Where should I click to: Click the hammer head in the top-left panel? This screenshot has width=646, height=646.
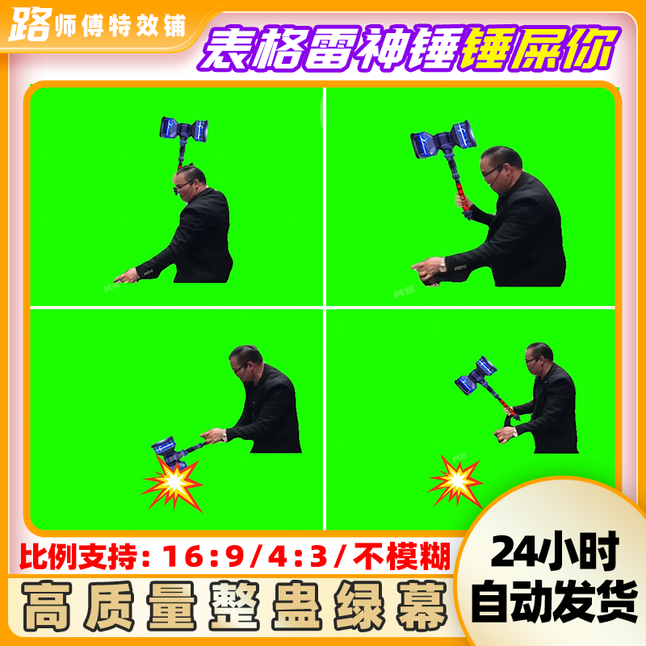184,128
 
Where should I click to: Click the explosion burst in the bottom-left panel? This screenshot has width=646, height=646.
173,483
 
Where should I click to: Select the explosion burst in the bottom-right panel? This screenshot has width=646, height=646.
456,480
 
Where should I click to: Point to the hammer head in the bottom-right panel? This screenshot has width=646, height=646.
476,375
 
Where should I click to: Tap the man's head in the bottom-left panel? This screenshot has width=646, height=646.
245,362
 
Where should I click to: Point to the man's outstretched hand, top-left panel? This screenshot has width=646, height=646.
126,276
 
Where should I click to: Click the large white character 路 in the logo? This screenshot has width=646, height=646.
30,25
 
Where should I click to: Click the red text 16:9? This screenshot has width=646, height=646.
203,556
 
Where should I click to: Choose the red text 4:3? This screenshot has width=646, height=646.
297,556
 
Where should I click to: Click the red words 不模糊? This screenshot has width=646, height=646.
401,556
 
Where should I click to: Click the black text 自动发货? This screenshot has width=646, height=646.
555,602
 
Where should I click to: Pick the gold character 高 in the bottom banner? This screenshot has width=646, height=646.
47,606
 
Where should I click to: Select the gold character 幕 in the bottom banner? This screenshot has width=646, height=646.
422,606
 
